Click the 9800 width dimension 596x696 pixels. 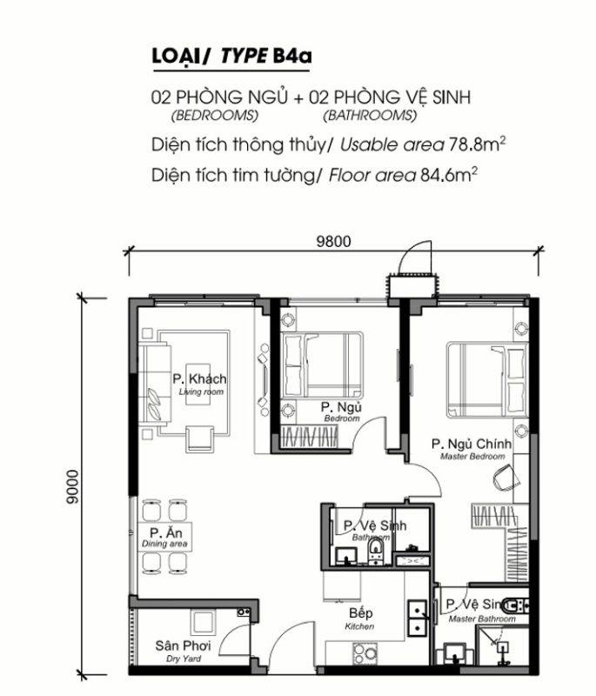333,242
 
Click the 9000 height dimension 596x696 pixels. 72,487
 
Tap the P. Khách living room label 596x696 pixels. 200,385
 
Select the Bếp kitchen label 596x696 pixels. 360,619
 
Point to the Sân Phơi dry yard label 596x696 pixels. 183,651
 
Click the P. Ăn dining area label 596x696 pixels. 164,538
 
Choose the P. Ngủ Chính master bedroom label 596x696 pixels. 472,449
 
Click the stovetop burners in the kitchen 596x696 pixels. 365,653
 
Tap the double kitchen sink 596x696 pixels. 418,618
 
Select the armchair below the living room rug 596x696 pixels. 199,438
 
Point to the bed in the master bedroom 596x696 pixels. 487,378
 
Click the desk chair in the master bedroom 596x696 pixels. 505,478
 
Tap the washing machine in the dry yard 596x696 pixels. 204,622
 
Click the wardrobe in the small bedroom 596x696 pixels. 310,437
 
